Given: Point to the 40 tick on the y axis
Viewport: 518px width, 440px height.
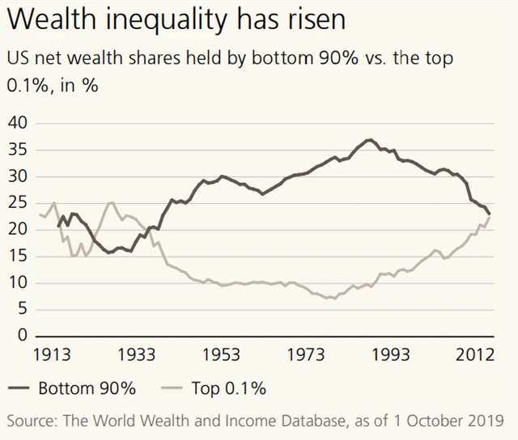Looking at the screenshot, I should pyautogui.click(x=18, y=124).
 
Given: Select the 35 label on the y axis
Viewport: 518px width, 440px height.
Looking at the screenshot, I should pyautogui.click(x=18, y=150).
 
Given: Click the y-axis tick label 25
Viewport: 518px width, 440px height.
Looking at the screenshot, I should pyautogui.click(x=18, y=204).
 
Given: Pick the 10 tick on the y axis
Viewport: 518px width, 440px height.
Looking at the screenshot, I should pyautogui.click(x=18, y=283).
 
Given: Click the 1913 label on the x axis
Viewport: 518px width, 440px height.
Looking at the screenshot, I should pyautogui.click(x=50, y=355).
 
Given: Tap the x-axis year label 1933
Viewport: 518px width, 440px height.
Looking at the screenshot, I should pyautogui.click(x=136, y=355).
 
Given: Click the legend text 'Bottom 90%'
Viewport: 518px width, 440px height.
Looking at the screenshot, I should pyautogui.click(x=87, y=388).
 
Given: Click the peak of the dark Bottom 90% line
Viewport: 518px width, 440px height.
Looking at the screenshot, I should pyautogui.click(x=369, y=140).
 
